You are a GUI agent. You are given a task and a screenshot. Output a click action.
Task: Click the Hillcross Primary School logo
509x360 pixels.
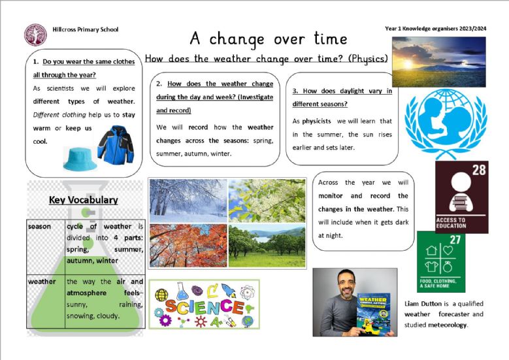pyautogui.click(x=35, y=35)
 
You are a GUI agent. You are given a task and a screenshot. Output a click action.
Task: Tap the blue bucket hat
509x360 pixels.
pyautogui.click(x=80, y=159)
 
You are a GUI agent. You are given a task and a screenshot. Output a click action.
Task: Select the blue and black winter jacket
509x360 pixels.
pyautogui.click(x=116, y=144)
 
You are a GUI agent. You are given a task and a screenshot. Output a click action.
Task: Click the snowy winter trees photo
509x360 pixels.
pyautogui.click(x=188, y=201)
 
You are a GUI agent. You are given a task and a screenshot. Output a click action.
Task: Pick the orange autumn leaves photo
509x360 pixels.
pyautogui.click(x=188, y=246)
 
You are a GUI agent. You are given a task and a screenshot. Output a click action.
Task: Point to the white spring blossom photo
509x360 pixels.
pyautogui.click(x=267, y=201)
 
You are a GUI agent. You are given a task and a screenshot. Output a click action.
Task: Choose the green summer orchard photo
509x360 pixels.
pyautogui.click(x=267, y=246)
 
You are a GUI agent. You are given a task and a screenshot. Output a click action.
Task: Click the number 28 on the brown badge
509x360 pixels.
pyautogui.click(x=479, y=170)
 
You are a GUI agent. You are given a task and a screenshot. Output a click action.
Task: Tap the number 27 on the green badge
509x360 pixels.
pyautogui.click(x=455, y=240)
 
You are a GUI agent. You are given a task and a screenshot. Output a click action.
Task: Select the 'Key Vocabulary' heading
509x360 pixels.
pyautogui.click(x=84, y=200)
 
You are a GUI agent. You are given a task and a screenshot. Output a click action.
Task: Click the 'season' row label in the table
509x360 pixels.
pyautogui.click(x=39, y=226)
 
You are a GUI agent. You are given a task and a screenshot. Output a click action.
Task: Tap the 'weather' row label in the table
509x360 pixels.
pyautogui.click(x=42, y=282)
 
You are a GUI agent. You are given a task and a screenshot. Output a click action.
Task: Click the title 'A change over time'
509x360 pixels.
pyautogui.click(x=269, y=39)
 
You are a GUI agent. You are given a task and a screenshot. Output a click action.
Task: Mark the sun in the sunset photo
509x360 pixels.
pyautogui.click(x=408, y=63)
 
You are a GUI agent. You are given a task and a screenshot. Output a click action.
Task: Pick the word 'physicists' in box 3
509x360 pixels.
pyautogui.click(x=316, y=122)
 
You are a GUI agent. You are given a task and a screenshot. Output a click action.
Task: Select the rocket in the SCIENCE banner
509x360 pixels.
pyautogui.click(x=229, y=290)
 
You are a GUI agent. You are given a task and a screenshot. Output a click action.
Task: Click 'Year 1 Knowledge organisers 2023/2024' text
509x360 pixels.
pyautogui.click(x=436, y=29)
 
